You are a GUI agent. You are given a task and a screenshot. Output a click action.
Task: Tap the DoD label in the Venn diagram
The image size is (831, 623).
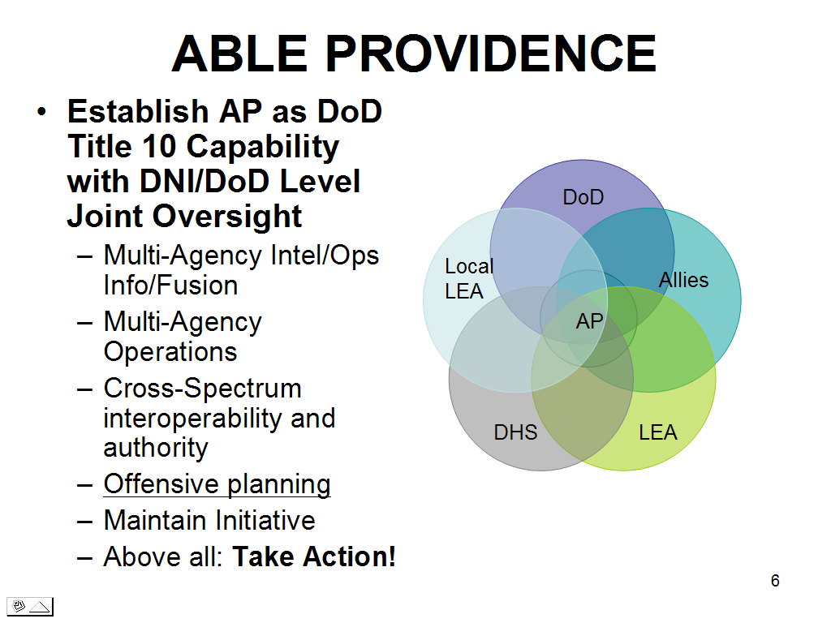pos(583,197)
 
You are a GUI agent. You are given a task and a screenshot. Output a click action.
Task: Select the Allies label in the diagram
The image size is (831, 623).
pos(683,280)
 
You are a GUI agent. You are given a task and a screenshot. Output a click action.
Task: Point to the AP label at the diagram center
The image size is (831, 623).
pos(589,321)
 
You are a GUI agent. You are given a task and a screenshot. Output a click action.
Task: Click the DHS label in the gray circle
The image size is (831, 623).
pos(515,432)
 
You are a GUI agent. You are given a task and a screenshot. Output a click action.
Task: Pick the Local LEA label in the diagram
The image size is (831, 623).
pos(469,279)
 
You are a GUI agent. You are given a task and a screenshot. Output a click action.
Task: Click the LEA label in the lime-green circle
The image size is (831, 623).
pos(657,432)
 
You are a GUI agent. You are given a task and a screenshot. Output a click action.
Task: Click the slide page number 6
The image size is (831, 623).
pos(775,581)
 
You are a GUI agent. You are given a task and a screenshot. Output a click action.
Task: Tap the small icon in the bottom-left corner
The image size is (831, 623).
pos(30,607)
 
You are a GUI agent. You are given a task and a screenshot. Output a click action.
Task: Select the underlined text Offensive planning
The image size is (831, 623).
pos(217,485)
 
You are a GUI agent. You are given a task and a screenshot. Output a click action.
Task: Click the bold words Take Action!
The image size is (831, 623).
pos(314,556)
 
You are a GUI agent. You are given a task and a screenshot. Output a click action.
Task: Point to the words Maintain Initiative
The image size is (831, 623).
pos(209,520)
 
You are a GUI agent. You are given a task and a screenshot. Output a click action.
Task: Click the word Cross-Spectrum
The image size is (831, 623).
pos(202,389)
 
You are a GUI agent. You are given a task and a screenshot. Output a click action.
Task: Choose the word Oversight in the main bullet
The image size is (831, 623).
pos(228,217)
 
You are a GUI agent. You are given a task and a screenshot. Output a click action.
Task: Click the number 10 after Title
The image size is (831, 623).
pos(159,147)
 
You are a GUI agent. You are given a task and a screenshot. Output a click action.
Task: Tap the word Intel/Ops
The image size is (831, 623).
pos(325,256)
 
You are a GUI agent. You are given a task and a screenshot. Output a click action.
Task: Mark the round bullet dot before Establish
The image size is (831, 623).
pos(42,112)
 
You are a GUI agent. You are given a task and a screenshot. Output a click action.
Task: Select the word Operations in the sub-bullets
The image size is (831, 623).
pos(170,352)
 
